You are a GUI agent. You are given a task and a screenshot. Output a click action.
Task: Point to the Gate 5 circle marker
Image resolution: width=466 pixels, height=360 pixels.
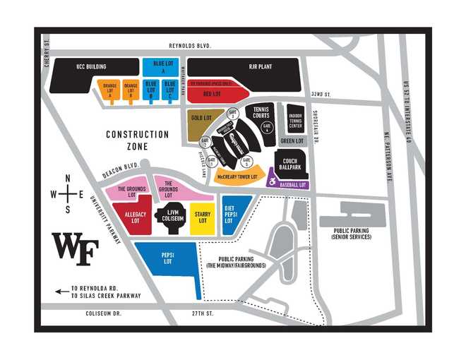pos(253,159)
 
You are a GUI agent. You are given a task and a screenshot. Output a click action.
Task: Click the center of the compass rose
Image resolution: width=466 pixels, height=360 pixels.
pos(68,193)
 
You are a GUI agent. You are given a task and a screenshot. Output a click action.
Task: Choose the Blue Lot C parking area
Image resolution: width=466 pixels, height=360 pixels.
pos(169,89)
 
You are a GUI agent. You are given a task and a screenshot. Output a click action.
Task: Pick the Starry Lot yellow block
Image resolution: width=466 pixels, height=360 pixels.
pos(203,218)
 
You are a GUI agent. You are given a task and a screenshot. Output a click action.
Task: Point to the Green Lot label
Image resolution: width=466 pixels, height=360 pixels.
pos(292,141)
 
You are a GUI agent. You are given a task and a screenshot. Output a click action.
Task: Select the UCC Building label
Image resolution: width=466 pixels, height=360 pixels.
pos(91,67)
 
